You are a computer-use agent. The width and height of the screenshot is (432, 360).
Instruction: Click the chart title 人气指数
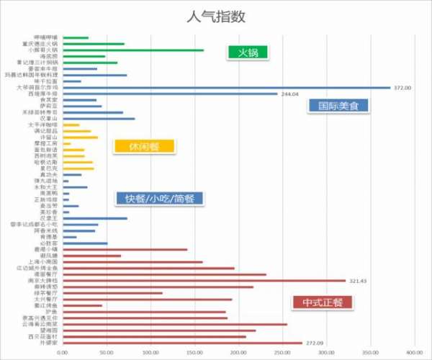(x=216, y=17)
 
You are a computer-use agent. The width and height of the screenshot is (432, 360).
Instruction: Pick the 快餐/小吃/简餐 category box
(x=160, y=198)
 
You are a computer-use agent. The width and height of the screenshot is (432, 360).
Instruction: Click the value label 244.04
(x=290, y=94)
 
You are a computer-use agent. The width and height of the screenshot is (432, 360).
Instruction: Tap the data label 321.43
(x=357, y=281)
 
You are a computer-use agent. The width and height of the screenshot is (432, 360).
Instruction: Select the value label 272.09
(x=315, y=343)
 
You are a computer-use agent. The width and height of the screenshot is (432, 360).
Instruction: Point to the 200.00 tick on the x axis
(x=239, y=353)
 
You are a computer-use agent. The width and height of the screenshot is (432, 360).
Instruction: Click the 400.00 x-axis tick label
(x=415, y=353)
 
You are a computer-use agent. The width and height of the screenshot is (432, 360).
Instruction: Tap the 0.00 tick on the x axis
(x=63, y=353)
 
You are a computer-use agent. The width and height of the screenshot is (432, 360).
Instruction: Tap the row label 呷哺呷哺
(x=46, y=38)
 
